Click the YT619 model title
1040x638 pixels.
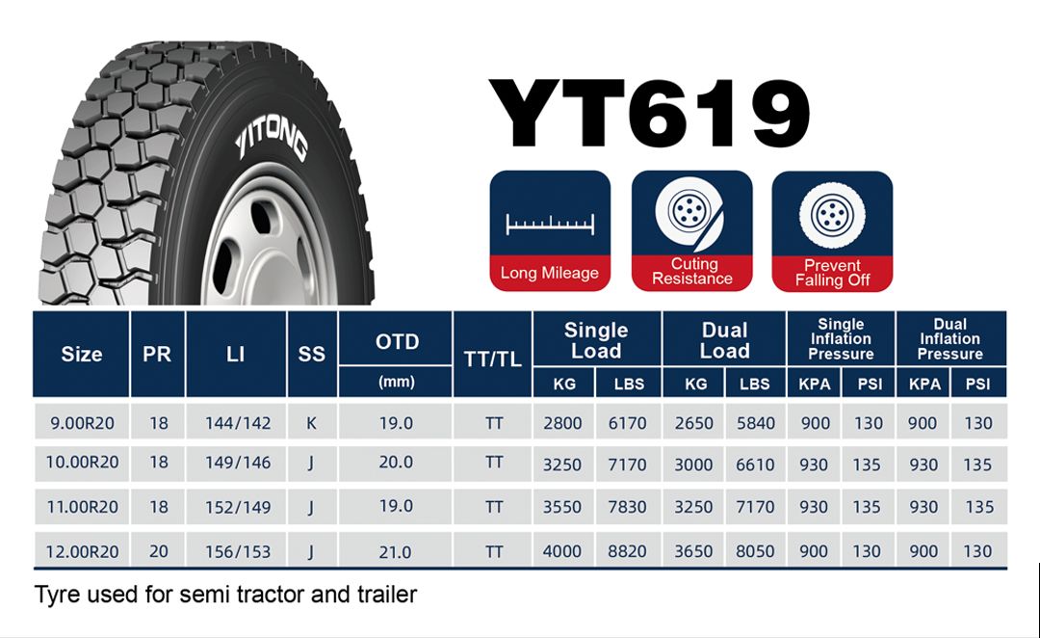click(x=649, y=114)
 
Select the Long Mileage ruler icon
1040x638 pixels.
click(x=550, y=225)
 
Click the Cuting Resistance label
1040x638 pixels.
click(x=691, y=272)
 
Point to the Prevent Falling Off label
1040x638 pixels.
click(x=832, y=273)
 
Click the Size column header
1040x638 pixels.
click(x=82, y=354)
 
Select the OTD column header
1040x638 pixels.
click(x=398, y=342)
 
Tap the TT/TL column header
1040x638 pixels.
click(x=492, y=359)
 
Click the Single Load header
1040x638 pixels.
click(x=596, y=340)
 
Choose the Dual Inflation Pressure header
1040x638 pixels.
click(x=949, y=338)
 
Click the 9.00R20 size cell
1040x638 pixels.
click(x=82, y=423)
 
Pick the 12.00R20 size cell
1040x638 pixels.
click(x=82, y=551)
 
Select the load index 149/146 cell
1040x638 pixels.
click(x=238, y=462)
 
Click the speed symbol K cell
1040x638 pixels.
click(x=311, y=423)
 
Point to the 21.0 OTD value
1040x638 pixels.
click(x=396, y=551)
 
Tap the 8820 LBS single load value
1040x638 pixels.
click(x=627, y=551)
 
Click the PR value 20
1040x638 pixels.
click(x=159, y=551)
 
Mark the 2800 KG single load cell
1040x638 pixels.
click(x=562, y=423)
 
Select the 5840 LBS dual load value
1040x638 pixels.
click(x=756, y=423)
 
